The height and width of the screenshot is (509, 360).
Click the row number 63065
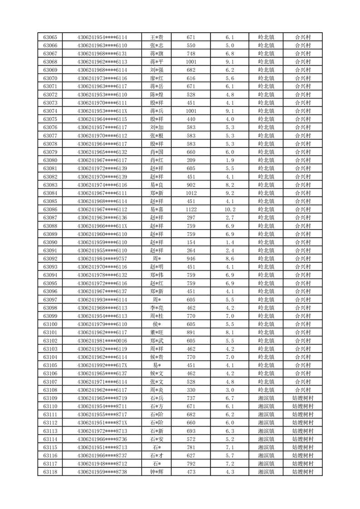click(x=50, y=37)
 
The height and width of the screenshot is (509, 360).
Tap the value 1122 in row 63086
click(x=191, y=210)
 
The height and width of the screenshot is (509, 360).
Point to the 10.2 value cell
click(x=229, y=210)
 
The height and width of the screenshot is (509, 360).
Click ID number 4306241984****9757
click(x=102, y=259)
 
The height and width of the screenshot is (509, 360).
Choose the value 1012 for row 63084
click(x=191, y=193)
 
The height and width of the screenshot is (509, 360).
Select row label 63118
click(x=50, y=472)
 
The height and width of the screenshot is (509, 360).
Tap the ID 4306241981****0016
click(x=102, y=341)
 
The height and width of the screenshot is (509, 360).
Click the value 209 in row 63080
click(x=191, y=160)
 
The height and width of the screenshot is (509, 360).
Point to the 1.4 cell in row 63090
click(x=229, y=242)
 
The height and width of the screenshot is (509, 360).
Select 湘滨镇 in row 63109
click(x=266, y=398)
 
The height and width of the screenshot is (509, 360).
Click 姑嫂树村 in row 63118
click(x=303, y=472)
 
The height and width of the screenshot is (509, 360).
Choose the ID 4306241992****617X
click(x=102, y=365)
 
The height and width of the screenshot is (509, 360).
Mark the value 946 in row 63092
click(x=191, y=259)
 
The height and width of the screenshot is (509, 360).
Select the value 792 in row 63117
click(x=191, y=464)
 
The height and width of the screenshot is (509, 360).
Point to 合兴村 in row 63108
click(x=303, y=390)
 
